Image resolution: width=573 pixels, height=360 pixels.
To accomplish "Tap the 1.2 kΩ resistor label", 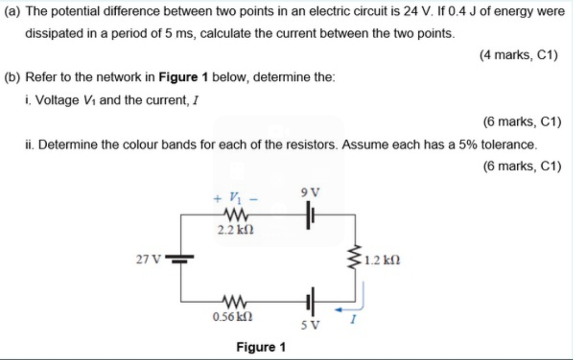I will (x=381, y=261).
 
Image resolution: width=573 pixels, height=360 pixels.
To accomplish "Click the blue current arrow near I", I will (x=350, y=301).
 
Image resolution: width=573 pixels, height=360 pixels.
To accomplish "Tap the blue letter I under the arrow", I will (x=350, y=320).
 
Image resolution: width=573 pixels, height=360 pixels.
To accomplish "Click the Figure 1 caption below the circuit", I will (x=261, y=347).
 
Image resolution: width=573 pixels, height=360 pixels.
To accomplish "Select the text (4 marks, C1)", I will (x=518, y=55).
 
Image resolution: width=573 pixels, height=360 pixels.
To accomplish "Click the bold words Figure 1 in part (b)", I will (x=182, y=76).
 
